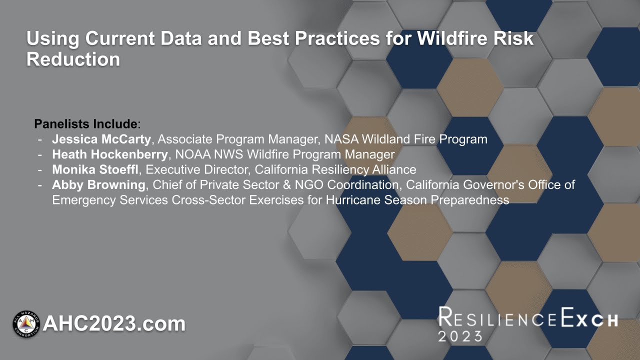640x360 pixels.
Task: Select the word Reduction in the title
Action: point(73,59)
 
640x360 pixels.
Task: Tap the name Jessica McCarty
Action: point(101,139)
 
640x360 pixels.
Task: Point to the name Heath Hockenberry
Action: point(109,154)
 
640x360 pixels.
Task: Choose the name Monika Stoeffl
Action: point(95,169)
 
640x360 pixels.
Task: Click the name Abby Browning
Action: point(98,185)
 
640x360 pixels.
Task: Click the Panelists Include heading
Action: point(85,123)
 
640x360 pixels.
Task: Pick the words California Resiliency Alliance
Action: point(335,169)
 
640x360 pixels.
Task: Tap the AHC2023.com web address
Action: point(114,324)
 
